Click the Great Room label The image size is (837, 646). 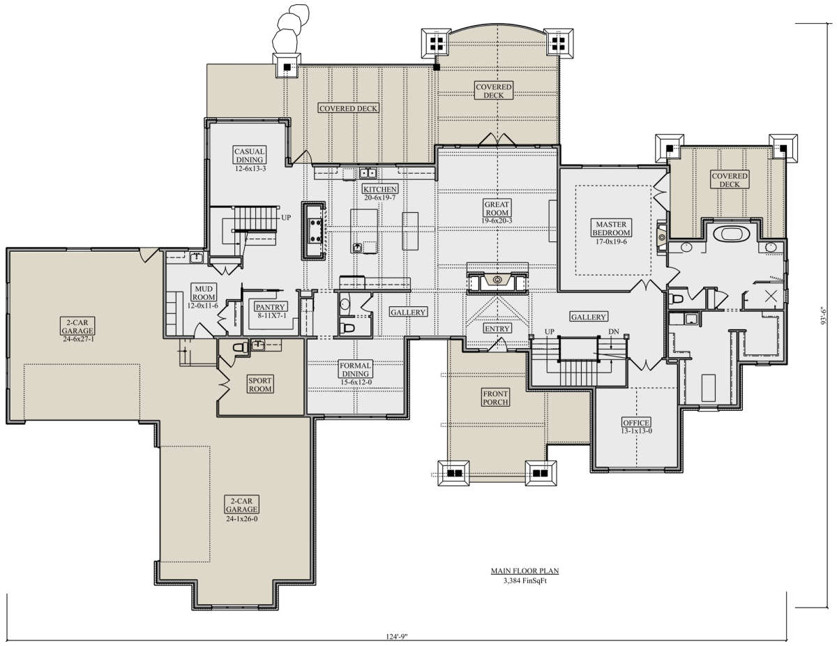(x=497, y=209)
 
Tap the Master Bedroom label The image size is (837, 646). (x=611, y=228)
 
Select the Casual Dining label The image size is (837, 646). (x=249, y=156)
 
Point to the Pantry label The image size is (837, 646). (x=271, y=307)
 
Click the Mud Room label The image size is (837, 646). (x=204, y=293)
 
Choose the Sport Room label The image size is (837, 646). (x=260, y=384)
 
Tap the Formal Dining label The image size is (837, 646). (x=355, y=370)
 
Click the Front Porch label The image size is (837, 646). (x=495, y=398)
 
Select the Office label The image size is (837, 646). (x=636, y=423)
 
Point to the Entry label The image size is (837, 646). (x=497, y=328)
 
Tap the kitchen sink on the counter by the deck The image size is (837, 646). (x=368, y=173)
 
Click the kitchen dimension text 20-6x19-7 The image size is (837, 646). (x=380, y=197)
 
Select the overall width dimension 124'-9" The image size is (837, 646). (x=396, y=636)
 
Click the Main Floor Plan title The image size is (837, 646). (x=525, y=571)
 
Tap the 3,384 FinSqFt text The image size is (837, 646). (x=525, y=580)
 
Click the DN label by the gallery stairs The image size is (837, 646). (x=614, y=331)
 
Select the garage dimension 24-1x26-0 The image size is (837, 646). (x=241, y=518)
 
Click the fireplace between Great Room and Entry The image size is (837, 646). (x=497, y=280)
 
